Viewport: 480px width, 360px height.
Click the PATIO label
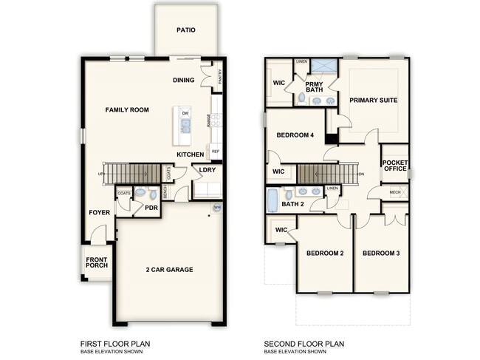click(x=186, y=30)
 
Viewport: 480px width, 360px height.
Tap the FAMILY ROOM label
click(x=127, y=110)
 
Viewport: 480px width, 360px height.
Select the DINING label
click(x=184, y=80)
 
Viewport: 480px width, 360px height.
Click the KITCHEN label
click(x=191, y=154)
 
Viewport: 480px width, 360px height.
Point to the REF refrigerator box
click(x=216, y=152)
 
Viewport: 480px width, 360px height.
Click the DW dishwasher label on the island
click(x=185, y=113)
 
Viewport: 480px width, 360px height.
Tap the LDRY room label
click(x=208, y=170)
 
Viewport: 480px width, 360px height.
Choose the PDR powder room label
click(x=151, y=208)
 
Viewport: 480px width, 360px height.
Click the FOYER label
click(x=100, y=212)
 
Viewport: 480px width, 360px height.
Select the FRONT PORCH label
click(x=96, y=264)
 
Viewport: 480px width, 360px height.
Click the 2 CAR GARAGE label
click(x=170, y=270)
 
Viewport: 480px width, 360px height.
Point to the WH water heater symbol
click(x=217, y=208)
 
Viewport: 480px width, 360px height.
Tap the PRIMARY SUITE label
click(x=374, y=100)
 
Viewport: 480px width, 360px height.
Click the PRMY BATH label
click(x=315, y=87)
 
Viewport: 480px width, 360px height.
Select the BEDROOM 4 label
click(x=295, y=135)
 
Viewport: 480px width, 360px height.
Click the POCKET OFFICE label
click(x=395, y=166)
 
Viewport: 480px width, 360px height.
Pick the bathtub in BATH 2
click(x=272, y=200)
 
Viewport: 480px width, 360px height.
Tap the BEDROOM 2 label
click(x=326, y=254)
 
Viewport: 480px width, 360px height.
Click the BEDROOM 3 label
click(x=381, y=254)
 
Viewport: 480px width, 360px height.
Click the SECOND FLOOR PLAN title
click(x=304, y=344)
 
